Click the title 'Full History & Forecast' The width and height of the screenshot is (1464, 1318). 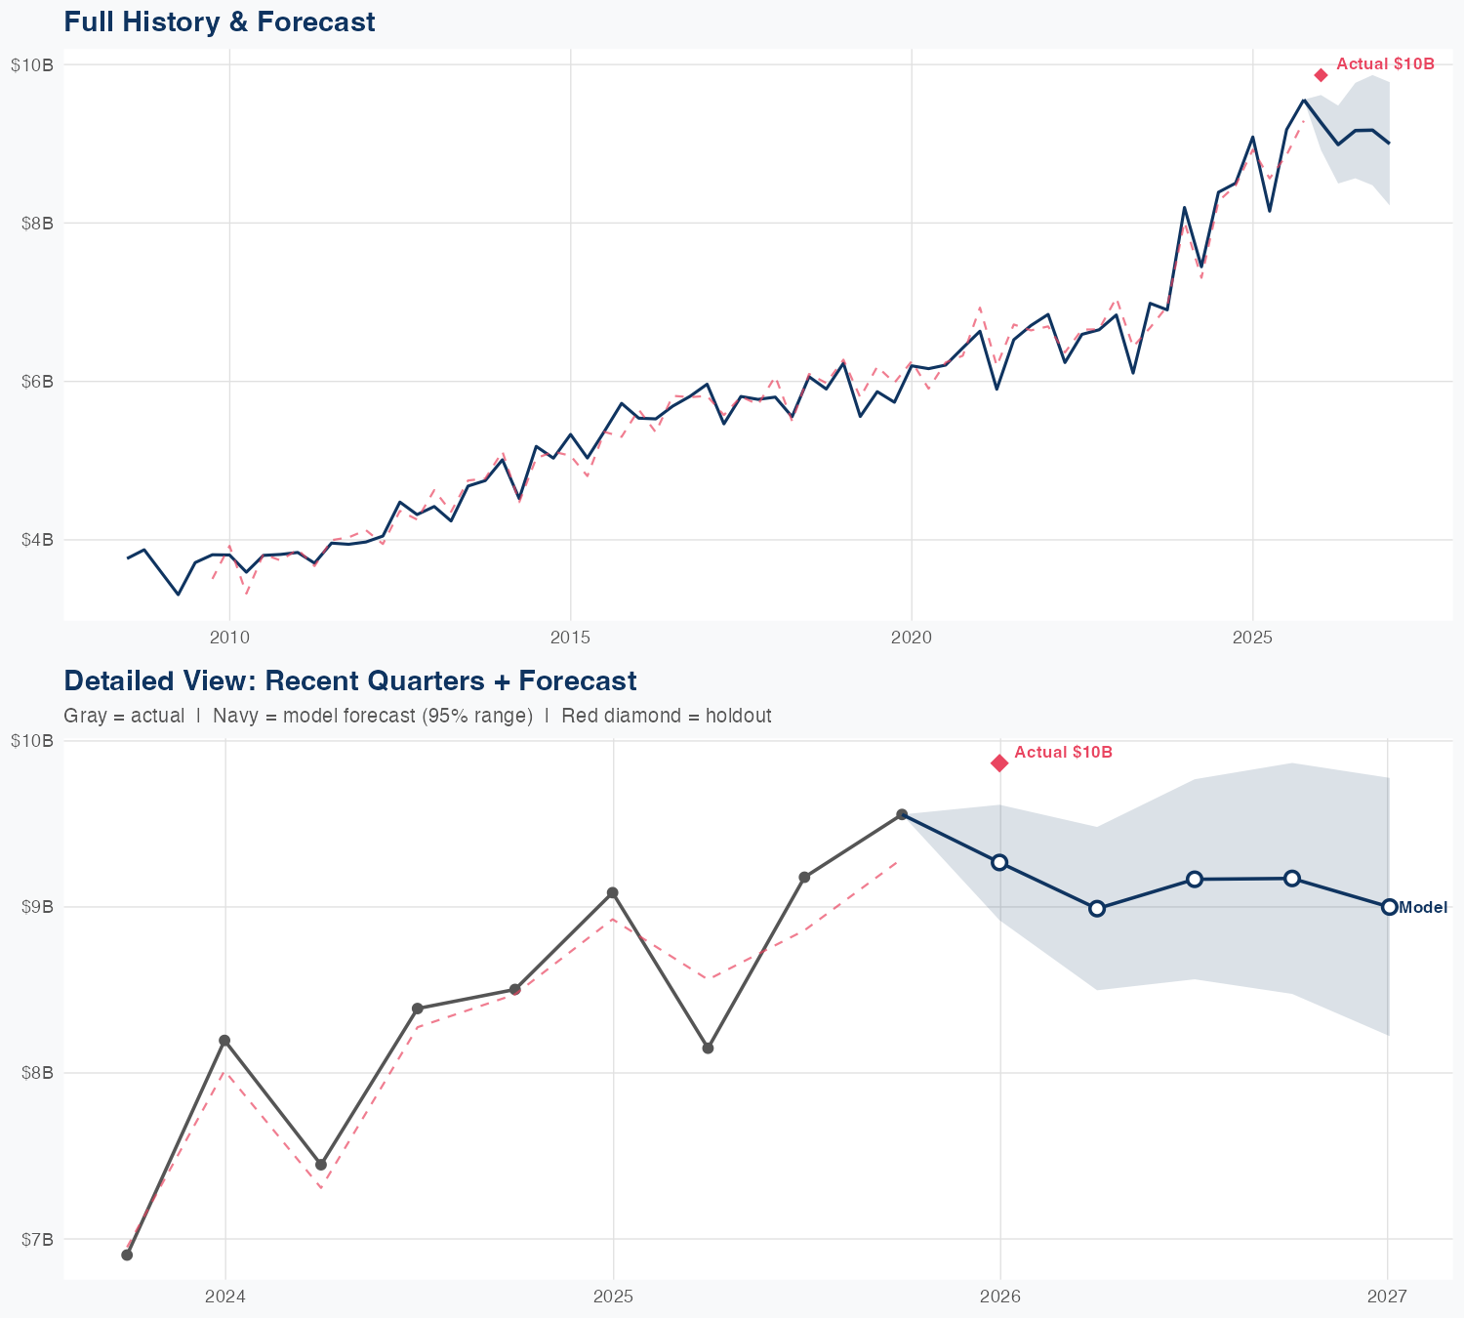pyautogui.click(x=219, y=22)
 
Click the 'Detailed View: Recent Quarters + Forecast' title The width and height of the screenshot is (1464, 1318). pyautogui.click(x=349, y=680)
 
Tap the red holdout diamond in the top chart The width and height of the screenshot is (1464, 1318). pyautogui.click(x=1321, y=75)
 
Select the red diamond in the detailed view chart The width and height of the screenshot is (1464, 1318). pyautogui.click(x=999, y=763)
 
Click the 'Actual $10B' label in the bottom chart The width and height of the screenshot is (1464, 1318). pyautogui.click(x=1063, y=753)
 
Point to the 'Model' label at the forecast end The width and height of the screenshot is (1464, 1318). pyautogui.click(x=1423, y=908)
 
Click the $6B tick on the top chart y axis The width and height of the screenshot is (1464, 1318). pyautogui.click(x=37, y=382)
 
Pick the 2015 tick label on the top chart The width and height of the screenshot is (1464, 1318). pyautogui.click(x=570, y=638)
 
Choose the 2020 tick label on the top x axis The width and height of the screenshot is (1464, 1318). pyautogui.click(x=912, y=638)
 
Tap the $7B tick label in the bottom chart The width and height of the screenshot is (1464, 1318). pyautogui.click(x=37, y=1240)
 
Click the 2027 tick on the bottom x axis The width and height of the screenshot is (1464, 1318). pyautogui.click(x=1387, y=1297)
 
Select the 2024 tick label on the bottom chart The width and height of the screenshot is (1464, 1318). pyautogui.click(x=225, y=1297)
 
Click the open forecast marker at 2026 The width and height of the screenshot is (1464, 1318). pyautogui.click(x=999, y=862)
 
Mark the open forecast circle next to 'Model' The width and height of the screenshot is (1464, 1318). pyautogui.click(x=1389, y=907)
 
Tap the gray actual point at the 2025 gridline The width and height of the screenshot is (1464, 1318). pyautogui.click(x=612, y=893)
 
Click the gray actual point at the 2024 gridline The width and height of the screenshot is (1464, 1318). pyautogui.click(x=224, y=1041)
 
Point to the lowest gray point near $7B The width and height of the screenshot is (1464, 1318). pyautogui.click(x=127, y=1255)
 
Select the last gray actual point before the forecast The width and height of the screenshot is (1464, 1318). pyautogui.click(x=903, y=815)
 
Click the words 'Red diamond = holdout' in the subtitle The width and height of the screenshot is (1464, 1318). pyautogui.click(x=666, y=717)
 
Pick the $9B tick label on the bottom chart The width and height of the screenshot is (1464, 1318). pyautogui.click(x=37, y=908)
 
